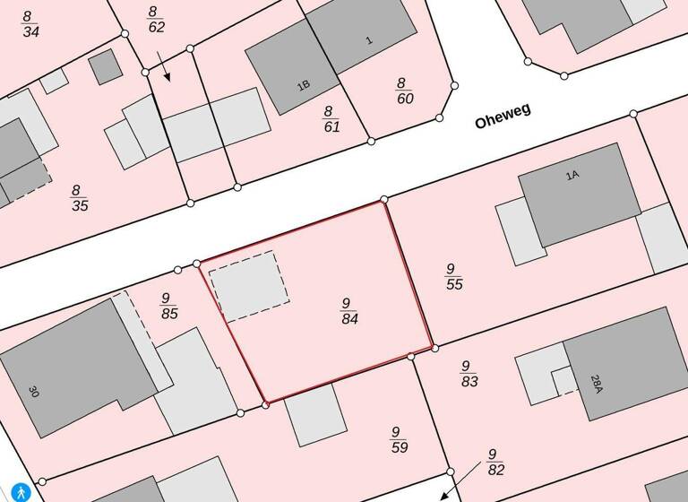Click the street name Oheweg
tap(503, 116)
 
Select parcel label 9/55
tap(453, 276)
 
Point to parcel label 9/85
tap(169, 306)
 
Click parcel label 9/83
tap(469, 374)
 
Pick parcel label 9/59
tap(399, 440)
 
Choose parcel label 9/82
tap(495, 462)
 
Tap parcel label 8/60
tap(405, 91)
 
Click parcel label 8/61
tap(331, 118)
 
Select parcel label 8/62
tap(155, 20)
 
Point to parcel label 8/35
tap(79, 197)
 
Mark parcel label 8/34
tap(30, 24)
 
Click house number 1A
tap(572, 177)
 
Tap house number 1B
tap(304, 85)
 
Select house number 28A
tap(596, 385)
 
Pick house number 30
tap(34, 392)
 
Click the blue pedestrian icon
tap(21, 492)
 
